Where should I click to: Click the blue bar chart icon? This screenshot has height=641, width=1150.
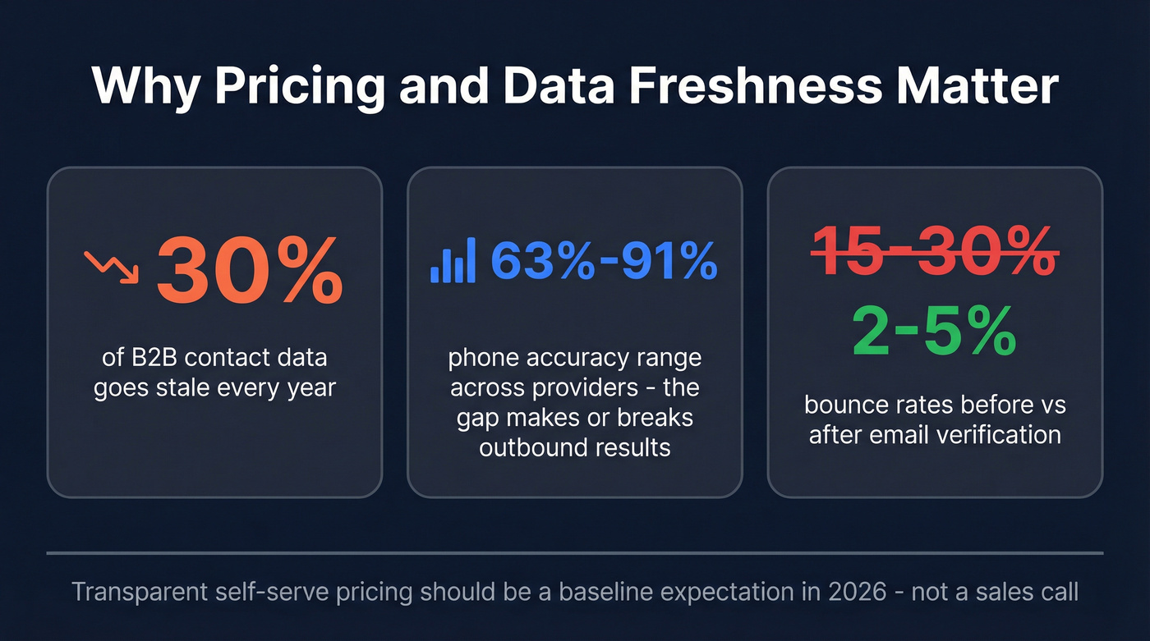click(453, 261)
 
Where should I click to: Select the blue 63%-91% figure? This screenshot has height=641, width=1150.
click(604, 261)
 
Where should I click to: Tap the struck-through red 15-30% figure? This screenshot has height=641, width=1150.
click(935, 250)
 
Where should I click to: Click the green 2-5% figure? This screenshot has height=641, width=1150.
click(935, 331)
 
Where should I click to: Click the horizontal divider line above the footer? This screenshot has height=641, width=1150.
click(574, 553)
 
